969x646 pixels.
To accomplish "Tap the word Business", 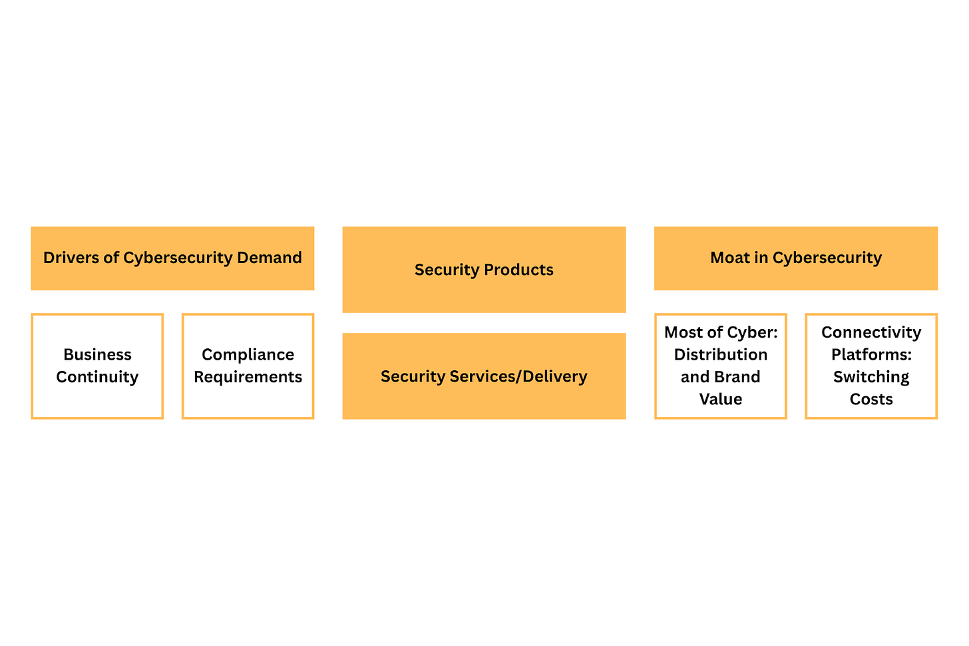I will point(97,354).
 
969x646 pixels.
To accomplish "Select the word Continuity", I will point(97,377).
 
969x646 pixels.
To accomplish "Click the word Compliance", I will point(248,354).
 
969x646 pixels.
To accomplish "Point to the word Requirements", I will point(248,377).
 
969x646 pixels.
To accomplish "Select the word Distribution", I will point(721,354).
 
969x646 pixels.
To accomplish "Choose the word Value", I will point(721,399).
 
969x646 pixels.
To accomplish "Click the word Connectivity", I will point(871,332).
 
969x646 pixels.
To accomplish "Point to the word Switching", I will point(871,377).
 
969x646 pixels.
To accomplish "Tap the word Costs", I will point(871,399).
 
